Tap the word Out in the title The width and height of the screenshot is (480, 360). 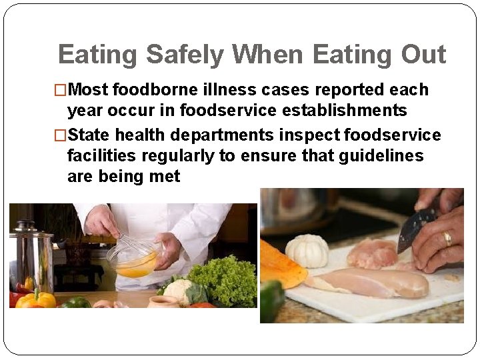coord(423,55)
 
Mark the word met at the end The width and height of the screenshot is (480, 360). coord(165,177)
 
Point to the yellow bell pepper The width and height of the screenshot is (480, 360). coord(35,299)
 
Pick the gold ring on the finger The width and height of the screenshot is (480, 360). coord(447,238)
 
